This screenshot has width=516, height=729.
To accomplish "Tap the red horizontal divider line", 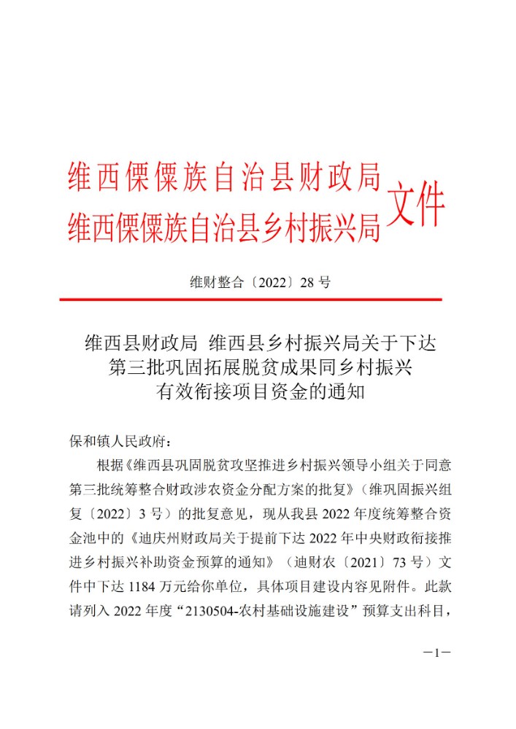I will pyautogui.click(x=250, y=300).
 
